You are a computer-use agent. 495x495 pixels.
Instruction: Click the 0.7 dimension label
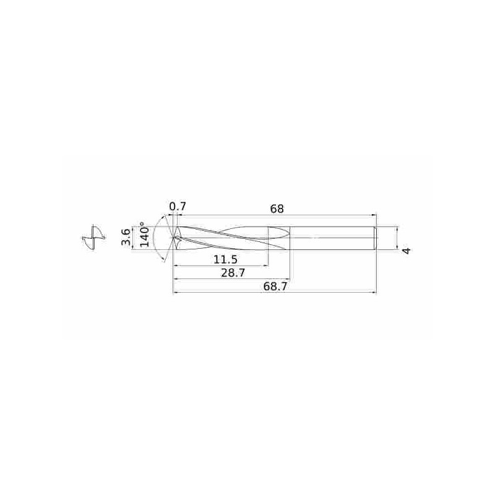pos(178,207)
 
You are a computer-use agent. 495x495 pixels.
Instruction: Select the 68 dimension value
pos(277,209)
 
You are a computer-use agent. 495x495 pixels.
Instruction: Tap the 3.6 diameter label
pos(126,238)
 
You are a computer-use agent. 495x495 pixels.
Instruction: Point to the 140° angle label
pos(144,235)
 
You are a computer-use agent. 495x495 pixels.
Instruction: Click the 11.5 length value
pos(225,260)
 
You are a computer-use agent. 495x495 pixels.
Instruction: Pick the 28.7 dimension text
pos(233,273)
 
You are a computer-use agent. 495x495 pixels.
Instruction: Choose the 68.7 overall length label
pos(275,286)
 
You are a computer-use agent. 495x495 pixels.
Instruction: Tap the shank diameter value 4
pos(407,251)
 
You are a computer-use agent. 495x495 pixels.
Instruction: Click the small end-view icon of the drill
pos(93,238)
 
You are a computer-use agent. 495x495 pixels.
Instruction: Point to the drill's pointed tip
pos(173,238)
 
